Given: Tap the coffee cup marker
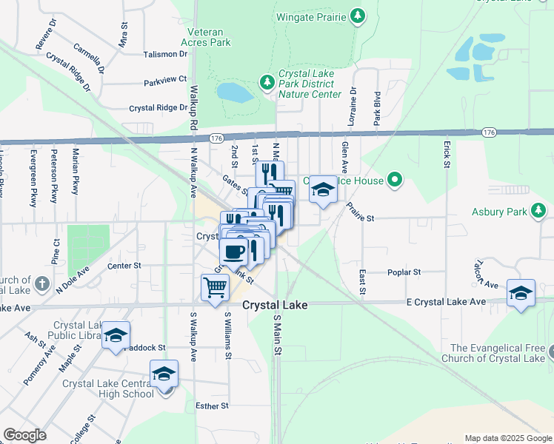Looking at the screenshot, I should (x=233, y=252).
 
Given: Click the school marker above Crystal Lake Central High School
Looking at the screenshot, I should (x=164, y=373).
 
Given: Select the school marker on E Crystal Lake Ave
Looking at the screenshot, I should (x=521, y=292).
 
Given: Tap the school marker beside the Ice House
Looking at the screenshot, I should (x=322, y=190).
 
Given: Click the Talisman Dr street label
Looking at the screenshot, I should (x=166, y=54).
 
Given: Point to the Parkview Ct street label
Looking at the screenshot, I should (x=166, y=79).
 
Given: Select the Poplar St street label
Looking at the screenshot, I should (x=404, y=272).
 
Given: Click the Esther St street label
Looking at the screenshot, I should (x=213, y=406).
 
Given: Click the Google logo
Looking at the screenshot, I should (x=26, y=435).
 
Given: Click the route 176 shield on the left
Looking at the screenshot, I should (x=216, y=138).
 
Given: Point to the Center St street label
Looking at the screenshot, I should (x=124, y=265).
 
